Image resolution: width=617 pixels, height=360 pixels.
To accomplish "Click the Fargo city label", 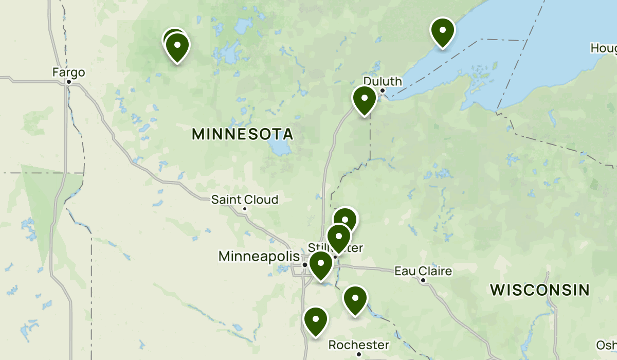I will pos(68,73).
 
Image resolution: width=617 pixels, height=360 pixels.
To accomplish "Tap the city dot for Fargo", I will pos(68,81).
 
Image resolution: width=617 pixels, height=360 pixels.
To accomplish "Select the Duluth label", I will pos(383,81).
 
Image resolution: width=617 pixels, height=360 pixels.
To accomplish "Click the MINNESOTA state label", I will pos(242,135).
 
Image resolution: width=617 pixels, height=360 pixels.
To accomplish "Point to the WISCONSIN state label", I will pos(539,290).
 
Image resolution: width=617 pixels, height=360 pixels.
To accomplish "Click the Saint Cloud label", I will pos(245,200).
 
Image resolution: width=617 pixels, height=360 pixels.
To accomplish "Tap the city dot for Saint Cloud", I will pos(245,208).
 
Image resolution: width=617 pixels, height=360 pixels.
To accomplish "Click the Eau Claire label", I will pos(423,271).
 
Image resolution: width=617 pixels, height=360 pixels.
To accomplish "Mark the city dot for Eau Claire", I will pos(423,280).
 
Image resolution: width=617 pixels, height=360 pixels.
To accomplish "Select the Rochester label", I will pos(359,345).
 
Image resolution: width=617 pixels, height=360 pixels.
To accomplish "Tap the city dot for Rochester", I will pos(359,354).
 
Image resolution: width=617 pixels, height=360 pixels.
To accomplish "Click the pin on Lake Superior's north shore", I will pos(442,31).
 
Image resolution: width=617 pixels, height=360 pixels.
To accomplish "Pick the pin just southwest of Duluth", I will pos(364,100).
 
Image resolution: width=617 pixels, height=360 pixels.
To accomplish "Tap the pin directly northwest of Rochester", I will pos(316,320).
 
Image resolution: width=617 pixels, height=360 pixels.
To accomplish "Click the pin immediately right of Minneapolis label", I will pos(321,265).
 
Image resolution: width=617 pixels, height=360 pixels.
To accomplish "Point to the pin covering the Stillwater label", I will pos(339,238).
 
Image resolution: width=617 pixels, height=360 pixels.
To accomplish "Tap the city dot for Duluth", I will pos(383,91).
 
